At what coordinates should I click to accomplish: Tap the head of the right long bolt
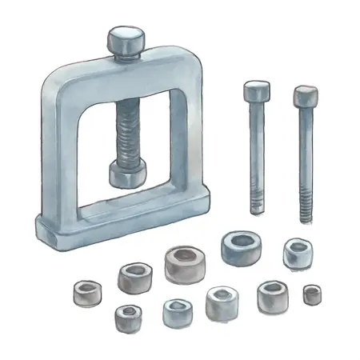[304, 96]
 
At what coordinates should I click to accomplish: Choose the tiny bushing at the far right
[312, 294]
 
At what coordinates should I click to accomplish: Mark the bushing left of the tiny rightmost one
[273, 296]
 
